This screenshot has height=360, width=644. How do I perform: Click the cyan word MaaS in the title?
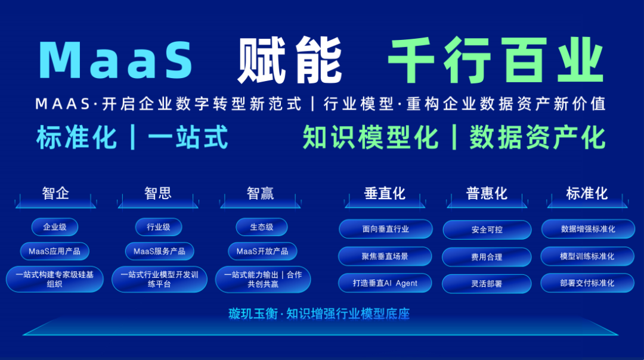[x=116, y=60]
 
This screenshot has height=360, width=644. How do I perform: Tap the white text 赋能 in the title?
[x=290, y=60]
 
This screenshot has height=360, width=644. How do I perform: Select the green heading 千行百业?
[x=496, y=60]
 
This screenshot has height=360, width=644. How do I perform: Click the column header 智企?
[x=55, y=193]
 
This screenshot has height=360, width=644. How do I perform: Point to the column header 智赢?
[x=261, y=193]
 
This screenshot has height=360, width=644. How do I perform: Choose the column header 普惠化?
[x=487, y=193]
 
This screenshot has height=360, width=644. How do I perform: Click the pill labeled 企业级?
[x=55, y=227]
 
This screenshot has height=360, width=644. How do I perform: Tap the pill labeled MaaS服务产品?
[x=159, y=251]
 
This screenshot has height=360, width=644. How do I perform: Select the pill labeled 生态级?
[x=262, y=227]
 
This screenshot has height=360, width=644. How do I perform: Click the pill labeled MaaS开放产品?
[x=262, y=251]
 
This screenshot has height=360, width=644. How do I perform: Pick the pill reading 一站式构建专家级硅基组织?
[x=55, y=279]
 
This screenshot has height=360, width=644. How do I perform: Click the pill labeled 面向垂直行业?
[x=386, y=229]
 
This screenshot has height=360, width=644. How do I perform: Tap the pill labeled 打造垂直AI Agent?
[x=385, y=283]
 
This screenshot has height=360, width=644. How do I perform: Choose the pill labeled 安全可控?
[x=487, y=230]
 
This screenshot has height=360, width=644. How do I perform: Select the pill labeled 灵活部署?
[x=487, y=284]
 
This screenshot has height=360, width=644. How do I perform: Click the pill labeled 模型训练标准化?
[x=587, y=256]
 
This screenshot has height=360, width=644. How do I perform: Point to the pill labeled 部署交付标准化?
[x=587, y=283]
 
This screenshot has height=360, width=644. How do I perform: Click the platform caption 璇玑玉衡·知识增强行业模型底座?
[x=319, y=314]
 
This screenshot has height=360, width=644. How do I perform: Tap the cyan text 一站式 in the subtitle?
[x=188, y=138]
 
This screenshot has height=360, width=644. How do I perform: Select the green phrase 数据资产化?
[x=538, y=138]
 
